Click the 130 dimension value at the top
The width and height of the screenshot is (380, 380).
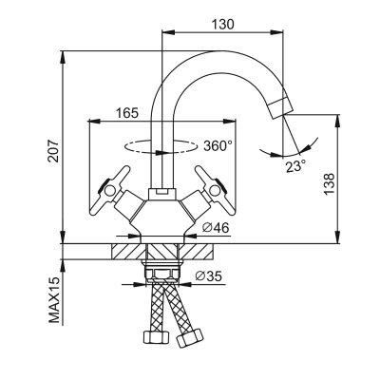(222, 24)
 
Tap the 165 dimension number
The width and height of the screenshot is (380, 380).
(127, 113)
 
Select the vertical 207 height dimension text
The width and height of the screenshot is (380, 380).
(55, 151)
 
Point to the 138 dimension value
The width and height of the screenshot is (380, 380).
(329, 184)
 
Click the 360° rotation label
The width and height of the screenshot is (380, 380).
(218, 146)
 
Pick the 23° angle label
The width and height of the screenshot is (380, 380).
(296, 166)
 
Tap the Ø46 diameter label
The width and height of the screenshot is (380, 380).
(217, 228)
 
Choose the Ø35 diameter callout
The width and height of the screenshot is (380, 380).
(209, 276)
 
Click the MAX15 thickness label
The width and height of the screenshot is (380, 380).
(55, 299)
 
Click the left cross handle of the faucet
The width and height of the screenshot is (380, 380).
(109, 191)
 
